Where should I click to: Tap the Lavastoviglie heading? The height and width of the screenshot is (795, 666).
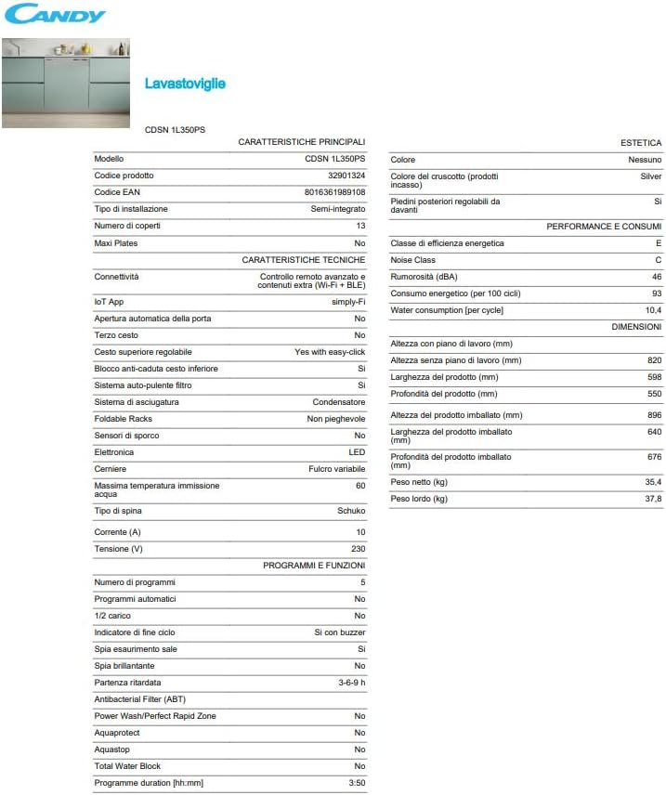185,84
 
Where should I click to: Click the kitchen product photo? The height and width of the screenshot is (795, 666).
65,82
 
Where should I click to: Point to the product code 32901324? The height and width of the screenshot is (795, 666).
346,176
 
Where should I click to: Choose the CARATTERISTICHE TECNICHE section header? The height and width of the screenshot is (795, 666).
303,260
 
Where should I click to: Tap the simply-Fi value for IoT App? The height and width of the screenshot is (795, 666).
348,302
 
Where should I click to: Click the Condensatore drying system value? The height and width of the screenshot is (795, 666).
339,402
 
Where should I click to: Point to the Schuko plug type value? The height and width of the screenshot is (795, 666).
351,511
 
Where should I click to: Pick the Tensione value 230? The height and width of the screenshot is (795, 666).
358,548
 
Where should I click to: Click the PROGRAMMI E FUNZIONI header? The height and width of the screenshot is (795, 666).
314,565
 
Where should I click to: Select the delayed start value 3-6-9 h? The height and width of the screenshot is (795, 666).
351,683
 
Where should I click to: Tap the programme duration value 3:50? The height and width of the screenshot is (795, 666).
357,783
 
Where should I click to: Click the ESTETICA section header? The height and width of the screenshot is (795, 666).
641,143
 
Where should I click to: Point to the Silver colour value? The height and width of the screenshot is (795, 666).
650,176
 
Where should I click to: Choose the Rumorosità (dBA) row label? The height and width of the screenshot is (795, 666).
424,277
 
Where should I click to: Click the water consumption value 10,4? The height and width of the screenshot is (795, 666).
652,310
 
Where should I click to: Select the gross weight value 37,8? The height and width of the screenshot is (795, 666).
653,499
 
